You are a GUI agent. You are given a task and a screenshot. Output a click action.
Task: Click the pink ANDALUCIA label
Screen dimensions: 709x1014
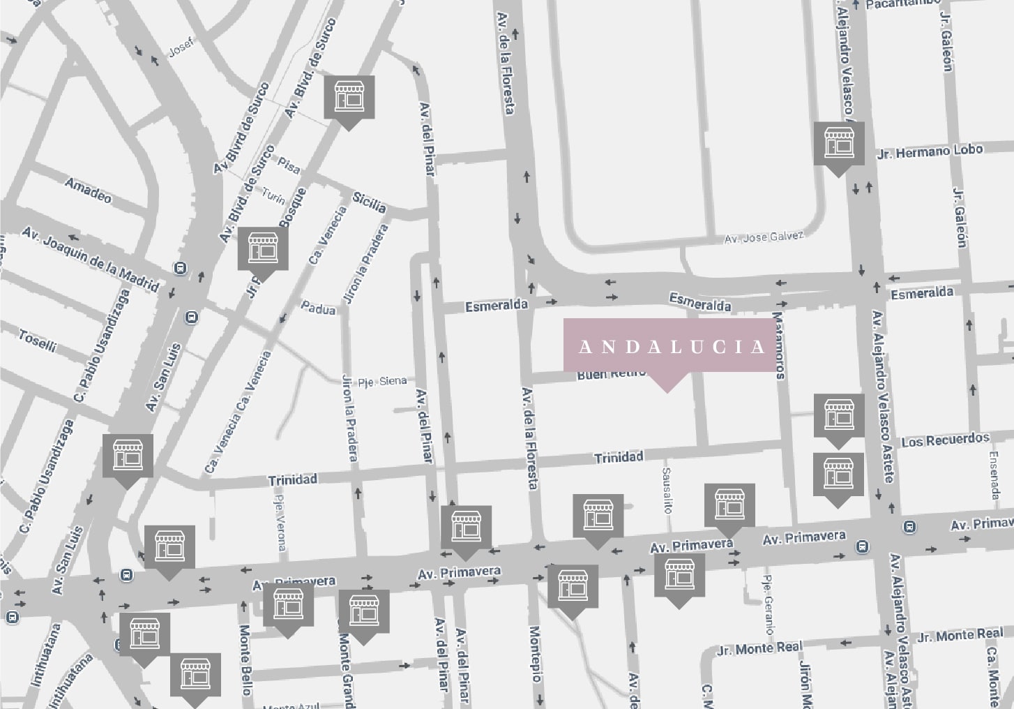pos(669,346)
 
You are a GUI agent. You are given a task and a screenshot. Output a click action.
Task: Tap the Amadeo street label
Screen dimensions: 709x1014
pos(88,189)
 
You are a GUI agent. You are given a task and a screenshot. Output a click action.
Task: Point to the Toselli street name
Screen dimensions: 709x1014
pos(37,341)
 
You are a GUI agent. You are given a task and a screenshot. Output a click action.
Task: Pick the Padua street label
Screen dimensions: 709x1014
pos(318,307)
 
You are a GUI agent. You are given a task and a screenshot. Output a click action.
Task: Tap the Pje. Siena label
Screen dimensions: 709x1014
pos(381,381)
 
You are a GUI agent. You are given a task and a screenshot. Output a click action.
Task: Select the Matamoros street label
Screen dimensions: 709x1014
pos(779,345)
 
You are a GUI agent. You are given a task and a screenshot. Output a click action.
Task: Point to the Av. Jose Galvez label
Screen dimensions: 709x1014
pos(764,237)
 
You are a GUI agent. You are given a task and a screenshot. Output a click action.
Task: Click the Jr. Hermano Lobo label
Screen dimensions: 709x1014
pos(930,151)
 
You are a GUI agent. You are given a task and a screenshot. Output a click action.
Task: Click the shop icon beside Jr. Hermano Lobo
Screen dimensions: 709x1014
pos(839,144)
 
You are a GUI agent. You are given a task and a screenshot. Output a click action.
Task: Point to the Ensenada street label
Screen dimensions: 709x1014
pos(994,475)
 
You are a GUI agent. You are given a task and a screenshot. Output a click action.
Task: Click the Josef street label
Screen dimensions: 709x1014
pos(181,50)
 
